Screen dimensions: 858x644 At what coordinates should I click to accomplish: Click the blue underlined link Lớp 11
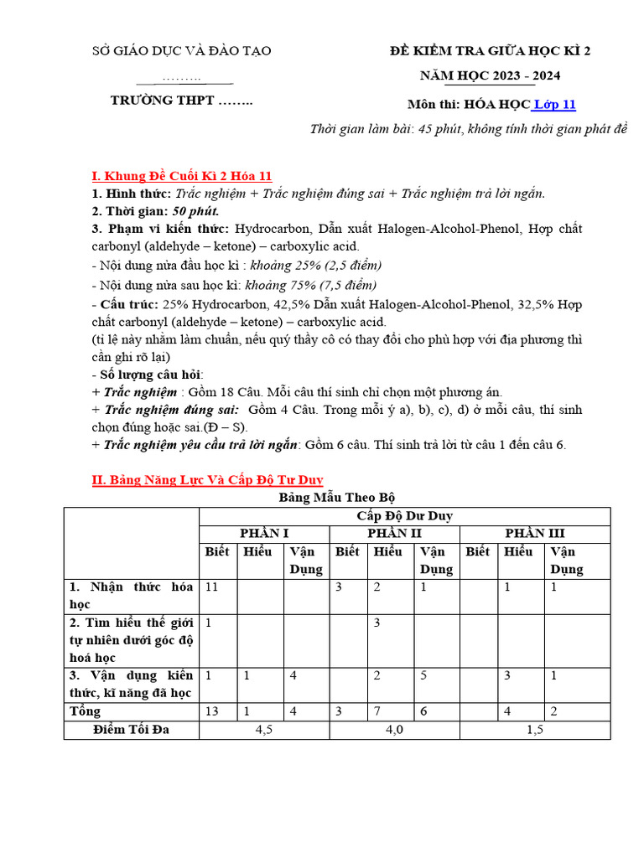tap(554, 105)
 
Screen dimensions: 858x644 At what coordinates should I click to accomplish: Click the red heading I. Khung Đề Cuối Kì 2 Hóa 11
tap(182, 176)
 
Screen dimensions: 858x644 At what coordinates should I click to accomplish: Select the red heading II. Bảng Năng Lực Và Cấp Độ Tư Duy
tap(207, 479)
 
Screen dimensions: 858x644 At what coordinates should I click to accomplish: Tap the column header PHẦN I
tap(264, 534)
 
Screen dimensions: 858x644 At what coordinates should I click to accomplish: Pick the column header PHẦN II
tap(394, 534)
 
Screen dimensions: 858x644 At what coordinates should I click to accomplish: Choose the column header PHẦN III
tap(535, 534)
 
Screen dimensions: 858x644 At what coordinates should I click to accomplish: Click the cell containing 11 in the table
tap(211, 587)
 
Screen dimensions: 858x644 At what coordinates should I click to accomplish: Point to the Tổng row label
tap(86, 711)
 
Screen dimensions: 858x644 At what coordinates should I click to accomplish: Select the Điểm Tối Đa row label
tap(131, 730)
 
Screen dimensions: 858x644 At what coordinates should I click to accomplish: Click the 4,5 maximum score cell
tap(264, 730)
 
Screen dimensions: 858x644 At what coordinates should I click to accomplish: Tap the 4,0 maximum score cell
tap(394, 730)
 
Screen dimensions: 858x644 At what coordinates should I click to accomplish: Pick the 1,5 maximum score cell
tap(535, 730)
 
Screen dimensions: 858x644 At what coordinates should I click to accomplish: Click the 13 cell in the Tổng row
tap(212, 711)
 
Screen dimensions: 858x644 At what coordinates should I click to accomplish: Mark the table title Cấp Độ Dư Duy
tap(404, 516)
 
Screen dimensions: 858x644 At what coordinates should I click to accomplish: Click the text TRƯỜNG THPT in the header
tap(181, 101)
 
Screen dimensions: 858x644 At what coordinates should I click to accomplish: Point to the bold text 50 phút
tap(195, 211)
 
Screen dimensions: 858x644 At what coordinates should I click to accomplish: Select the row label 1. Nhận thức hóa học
tap(132, 595)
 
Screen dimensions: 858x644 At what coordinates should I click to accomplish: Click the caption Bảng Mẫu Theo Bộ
tap(336, 498)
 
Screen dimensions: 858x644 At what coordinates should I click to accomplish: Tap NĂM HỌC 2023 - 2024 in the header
tap(491, 76)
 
